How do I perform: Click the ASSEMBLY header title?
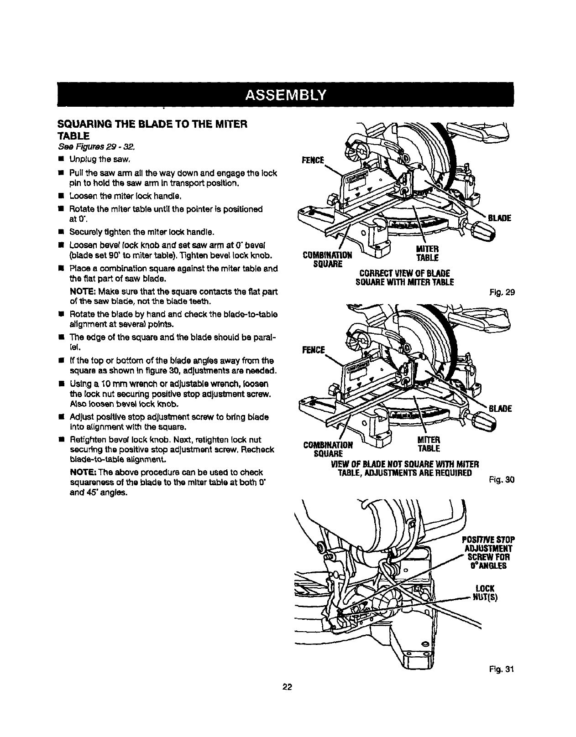pyautogui.click(x=285, y=95)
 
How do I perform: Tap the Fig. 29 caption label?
pyautogui.click(x=504, y=293)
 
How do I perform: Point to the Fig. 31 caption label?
pyautogui.click(x=504, y=670)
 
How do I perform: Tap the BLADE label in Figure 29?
pyautogui.click(x=499, y=218)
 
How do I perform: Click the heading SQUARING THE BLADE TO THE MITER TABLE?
pyautogui.click(x=151, y=129)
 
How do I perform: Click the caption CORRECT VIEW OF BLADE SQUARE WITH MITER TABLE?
pyautogui.click(x=404, y=277)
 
